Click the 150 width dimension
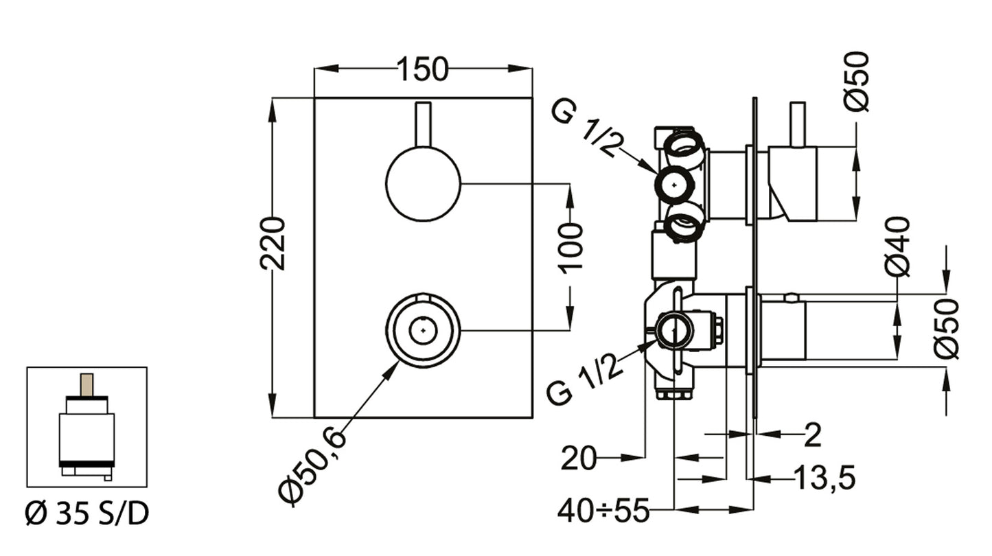pos(422,69)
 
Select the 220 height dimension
pos(273,243)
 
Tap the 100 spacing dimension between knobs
pos(570,246)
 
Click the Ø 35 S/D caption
pos(86,513)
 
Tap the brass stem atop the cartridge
pos(86,384)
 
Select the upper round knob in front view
pos(423,183)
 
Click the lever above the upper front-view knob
pos(424,124)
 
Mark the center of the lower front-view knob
pos(423,330)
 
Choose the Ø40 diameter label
pos(897,246)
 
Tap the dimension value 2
pos(812,435)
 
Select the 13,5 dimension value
pos(824,478)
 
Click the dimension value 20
pos(578,459)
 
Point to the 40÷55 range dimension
pos(603,511)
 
